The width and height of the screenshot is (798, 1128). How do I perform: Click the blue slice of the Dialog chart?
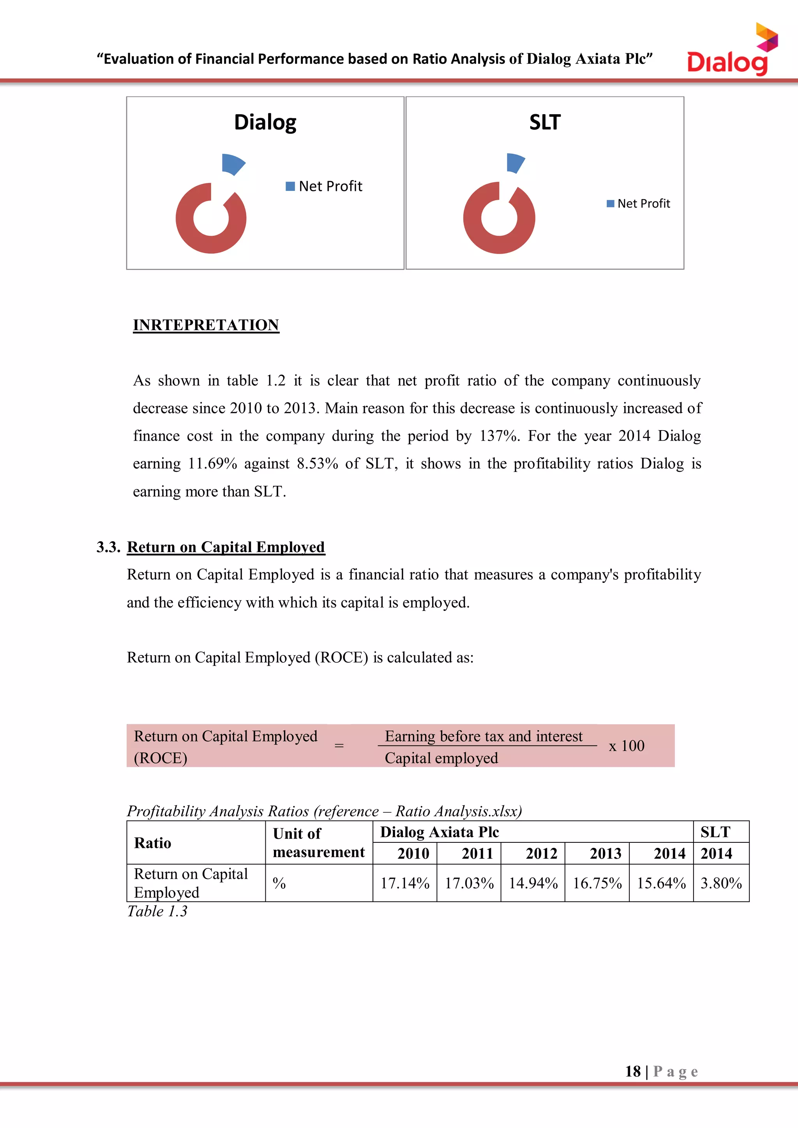pyautogui.click(x=232, y=164)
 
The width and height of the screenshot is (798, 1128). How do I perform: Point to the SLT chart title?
pyautogui.click(x=544, y=122)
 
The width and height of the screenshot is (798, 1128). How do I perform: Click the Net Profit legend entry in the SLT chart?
pyautogui.click(x=638, y=203)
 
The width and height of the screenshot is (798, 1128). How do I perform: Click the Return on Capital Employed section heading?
pyautogui.click(x=226, y=547)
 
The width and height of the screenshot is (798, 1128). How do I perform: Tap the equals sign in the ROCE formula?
pyautogui.click(x=339, y=746)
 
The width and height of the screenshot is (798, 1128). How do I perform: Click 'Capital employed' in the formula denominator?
pyautogui.click(x=441, y=758)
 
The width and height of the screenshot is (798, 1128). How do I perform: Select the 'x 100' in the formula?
pyautogui.click(x=626, y=746)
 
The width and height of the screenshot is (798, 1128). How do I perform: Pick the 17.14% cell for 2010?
pyautogui.click(x=404, y=883)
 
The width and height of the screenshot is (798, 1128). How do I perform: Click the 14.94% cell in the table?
pyautogui.click(x=533, y=883)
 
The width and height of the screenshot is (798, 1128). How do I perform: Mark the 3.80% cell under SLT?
pyautogui.click(x=720, y=883)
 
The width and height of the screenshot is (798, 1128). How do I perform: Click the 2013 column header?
pyautogui.click(x=606, y=853)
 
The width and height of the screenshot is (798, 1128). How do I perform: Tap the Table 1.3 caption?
pyautogui.click(x=157, y=911)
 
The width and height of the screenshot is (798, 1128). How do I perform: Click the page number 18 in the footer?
pyautogui.click(x=633, y=1071)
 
